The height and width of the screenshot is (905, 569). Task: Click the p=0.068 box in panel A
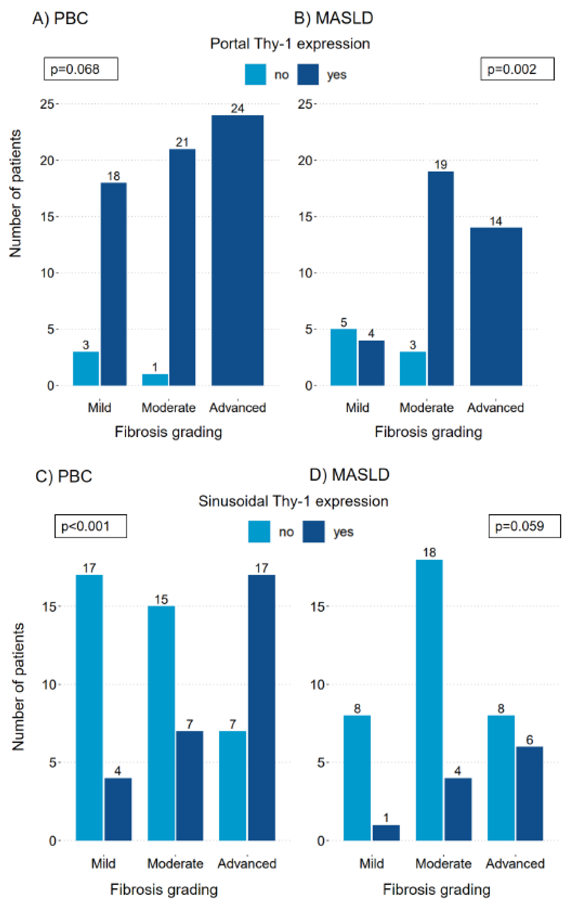coord(81,69)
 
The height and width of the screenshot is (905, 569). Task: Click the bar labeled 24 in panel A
coord(237,250)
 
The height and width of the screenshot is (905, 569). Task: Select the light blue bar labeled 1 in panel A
coord(155,380)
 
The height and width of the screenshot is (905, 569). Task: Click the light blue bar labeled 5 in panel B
coord(344,357)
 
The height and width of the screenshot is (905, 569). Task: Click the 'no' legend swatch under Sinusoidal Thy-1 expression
coord(259,531)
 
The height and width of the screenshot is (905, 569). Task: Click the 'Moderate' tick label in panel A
coord(168,407)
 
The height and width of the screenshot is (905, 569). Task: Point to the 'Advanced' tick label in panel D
coord(515,863)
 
